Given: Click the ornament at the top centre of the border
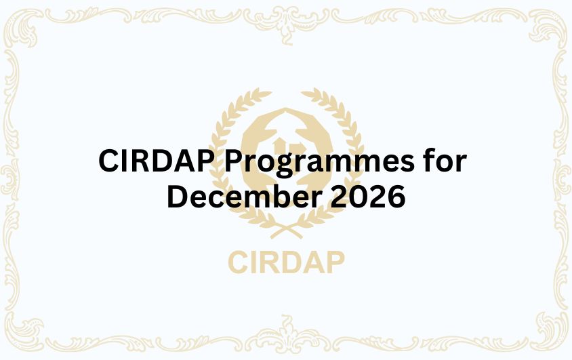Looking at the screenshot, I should click(286, 14).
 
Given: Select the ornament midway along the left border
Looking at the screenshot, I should click(9, 180).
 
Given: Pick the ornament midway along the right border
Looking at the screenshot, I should click(563, 180).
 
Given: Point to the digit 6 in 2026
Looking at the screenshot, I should click(396, 197).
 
